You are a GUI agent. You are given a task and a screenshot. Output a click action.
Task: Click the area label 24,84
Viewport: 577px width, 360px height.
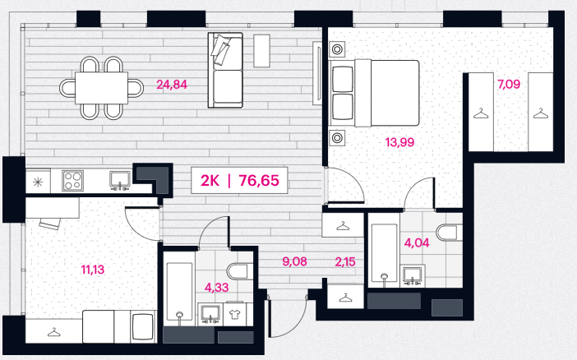point(172,85)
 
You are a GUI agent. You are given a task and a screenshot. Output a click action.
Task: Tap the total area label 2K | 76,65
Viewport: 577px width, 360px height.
point(239,180)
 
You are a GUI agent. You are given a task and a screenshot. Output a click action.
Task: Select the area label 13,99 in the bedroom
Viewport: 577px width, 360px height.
point(399,142)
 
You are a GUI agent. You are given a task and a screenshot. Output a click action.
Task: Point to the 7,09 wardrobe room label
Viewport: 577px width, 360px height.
point(509,85)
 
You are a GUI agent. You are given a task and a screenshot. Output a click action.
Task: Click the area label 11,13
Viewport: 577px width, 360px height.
point(93,270)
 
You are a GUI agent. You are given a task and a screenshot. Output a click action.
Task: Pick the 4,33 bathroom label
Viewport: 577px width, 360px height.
point(216,288)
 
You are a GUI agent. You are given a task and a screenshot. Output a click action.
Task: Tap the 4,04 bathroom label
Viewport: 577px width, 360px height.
point(417,243)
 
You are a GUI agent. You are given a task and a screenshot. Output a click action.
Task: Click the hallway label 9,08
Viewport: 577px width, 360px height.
point(294,261)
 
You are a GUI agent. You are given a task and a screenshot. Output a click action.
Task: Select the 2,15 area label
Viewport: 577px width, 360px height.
point(345,262)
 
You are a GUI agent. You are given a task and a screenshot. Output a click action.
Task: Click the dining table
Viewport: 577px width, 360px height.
point(102,88)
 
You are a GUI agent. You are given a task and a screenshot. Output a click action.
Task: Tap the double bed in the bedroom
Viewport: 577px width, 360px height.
point(376,93)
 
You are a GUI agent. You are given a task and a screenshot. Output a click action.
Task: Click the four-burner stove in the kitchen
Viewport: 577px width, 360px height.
point(72,180)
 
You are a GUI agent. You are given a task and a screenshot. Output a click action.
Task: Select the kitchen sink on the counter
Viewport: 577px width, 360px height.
point(120,180)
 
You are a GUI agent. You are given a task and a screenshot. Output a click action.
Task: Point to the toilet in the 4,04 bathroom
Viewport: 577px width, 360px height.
point(449,233)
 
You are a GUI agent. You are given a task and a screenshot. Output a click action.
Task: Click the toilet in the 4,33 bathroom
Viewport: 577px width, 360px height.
point(240,272)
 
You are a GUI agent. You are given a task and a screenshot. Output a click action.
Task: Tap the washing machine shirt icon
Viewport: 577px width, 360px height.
point(233,314)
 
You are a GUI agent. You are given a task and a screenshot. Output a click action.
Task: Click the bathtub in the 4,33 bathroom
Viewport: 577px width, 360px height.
point(179,292)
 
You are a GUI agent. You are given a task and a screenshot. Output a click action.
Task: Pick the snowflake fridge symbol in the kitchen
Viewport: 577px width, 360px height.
point(38,182)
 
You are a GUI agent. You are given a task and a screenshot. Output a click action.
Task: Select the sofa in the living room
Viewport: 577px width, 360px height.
point(225,70)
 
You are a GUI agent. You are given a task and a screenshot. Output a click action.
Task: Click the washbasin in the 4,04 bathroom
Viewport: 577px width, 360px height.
point(413,275)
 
